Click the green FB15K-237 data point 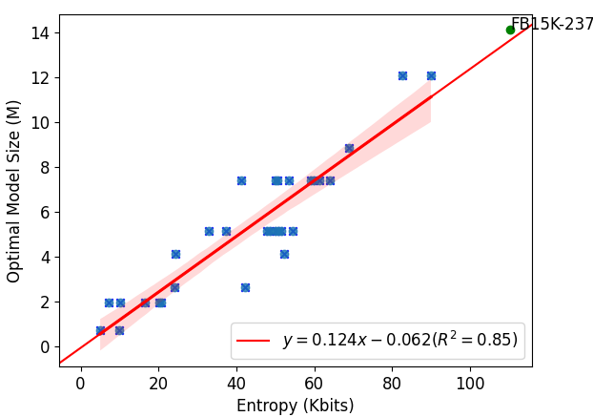[510, 30]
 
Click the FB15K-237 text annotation [552, 25]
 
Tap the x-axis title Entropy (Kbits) [296, 406]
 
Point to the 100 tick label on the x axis [470, 383]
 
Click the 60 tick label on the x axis [315, 383]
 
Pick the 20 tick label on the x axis [159, 383]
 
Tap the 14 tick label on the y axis [40, 32]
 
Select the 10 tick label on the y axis [40, 122]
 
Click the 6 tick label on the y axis [44, 212]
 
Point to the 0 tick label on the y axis [44, 346]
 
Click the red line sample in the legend [254, 340]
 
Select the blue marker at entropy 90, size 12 [431, 75]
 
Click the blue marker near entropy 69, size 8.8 [349, 148]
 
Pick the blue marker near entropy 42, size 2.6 [245, 287]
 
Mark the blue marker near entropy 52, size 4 [284, 254]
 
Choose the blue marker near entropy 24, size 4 [175, 254]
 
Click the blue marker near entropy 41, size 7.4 [241, 180]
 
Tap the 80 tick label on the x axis [392, 383]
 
